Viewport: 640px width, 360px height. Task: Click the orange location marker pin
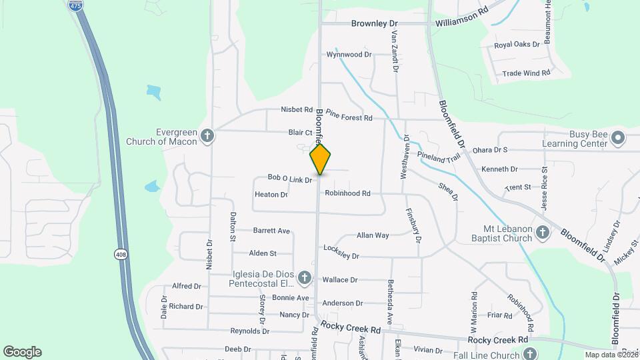point(321,159)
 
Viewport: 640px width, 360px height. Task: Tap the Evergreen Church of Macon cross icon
point(207,136)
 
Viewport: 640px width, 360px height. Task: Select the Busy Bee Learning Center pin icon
point(618,138)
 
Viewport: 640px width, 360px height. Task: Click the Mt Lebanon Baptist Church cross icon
point(543,232)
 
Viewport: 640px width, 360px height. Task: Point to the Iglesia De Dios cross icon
point(304,277)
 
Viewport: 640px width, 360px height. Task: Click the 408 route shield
point(121,255)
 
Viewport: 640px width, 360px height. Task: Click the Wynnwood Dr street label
point(349,55)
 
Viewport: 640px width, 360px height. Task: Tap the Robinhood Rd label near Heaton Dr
point(347,193)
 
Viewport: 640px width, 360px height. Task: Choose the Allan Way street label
point(373,235)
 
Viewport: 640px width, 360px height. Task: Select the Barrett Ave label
point(271,231)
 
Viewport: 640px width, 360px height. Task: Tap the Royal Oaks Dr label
point(517,45)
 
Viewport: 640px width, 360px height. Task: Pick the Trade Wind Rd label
point(526,73)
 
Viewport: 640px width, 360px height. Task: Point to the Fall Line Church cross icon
point(529,353)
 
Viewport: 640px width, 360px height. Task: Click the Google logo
point(22,352)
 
